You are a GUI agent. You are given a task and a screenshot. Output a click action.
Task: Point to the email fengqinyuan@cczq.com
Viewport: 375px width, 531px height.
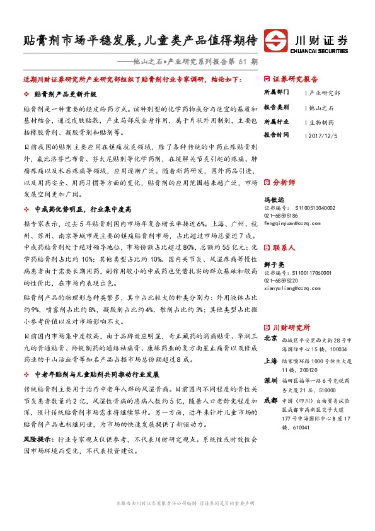291,223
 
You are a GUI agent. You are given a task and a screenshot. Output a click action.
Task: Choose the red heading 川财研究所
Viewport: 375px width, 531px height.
291,327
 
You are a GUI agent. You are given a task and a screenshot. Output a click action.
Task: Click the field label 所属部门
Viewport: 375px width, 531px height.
277,92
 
